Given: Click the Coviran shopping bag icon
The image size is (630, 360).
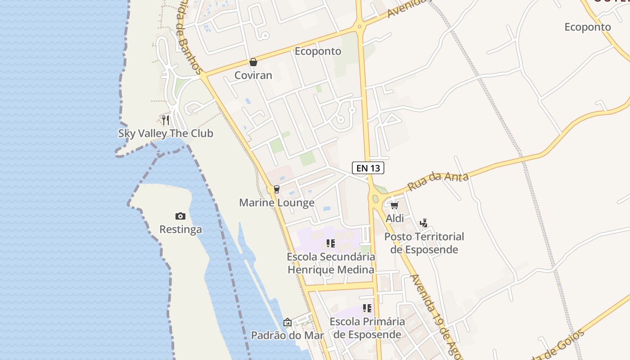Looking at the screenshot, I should click(253, 62).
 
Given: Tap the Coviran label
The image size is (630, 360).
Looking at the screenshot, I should click(253, 75).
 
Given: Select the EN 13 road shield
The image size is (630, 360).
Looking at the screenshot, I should click(368, 168).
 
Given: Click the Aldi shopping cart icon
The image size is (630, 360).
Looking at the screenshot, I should click(395, 206).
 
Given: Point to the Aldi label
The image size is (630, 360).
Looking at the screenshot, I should click(395, 218).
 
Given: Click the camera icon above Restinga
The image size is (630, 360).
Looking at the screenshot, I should click(180, 216).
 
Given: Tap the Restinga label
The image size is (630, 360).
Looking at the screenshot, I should click(180, 229).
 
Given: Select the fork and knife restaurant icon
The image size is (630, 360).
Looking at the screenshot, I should click(166, 120).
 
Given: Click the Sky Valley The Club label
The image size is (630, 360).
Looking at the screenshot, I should click(166, 134).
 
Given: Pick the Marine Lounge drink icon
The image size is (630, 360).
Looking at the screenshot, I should click(277, 189).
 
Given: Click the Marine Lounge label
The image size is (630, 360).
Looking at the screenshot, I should click(277, 202).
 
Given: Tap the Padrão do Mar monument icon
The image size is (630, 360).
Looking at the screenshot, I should click(288, 322).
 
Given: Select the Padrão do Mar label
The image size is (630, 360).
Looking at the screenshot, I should click(288, 335).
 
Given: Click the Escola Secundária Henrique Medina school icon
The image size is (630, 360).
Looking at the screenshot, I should click(331, 243).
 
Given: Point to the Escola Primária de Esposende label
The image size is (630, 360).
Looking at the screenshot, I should click(367, 328).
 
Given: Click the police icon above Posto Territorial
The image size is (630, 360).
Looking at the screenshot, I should click(423, 223).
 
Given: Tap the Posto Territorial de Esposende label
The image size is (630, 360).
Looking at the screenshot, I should click(424, 243).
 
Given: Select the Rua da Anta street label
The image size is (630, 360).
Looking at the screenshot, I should click(438, 181).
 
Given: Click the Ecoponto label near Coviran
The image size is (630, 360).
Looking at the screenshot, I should click(318, 51).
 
